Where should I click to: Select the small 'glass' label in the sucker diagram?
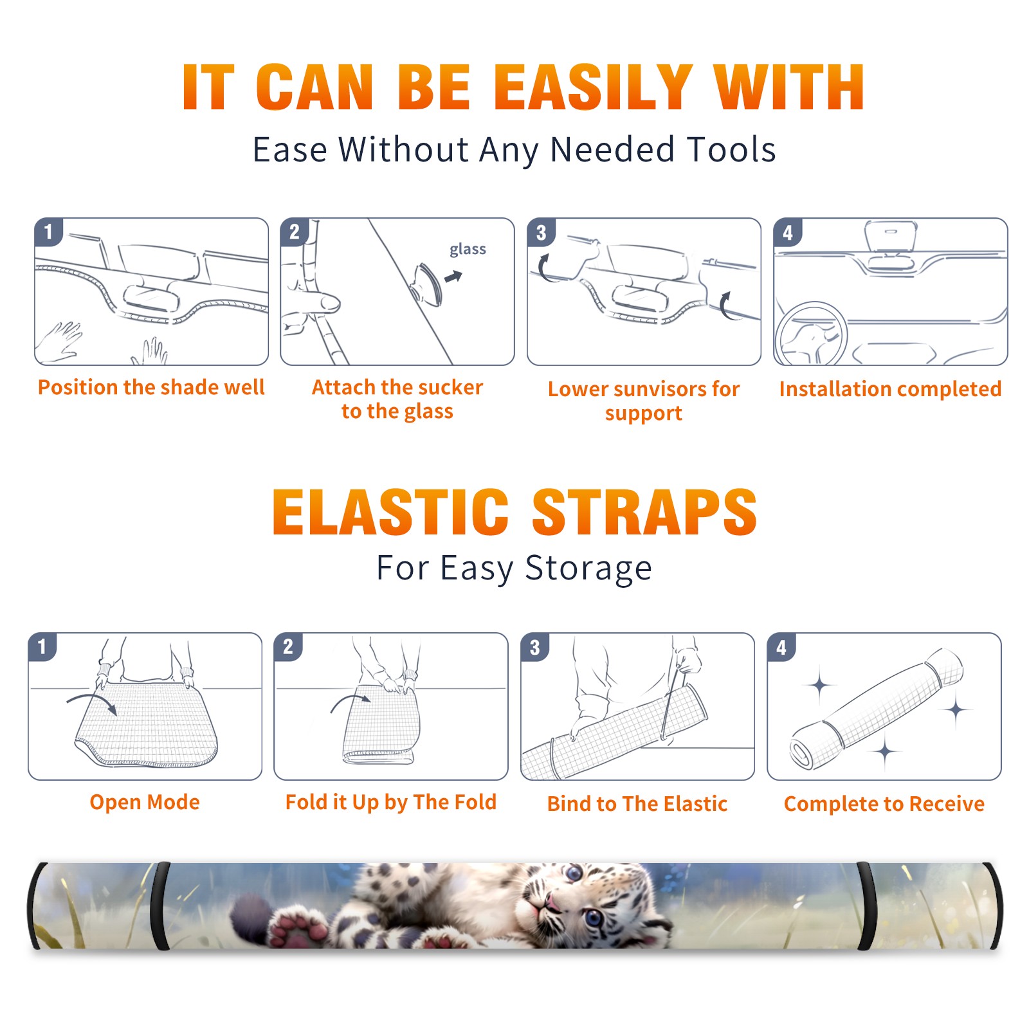468,250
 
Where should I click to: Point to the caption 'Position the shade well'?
151,387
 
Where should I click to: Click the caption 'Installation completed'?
890,388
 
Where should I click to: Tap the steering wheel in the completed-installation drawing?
811,334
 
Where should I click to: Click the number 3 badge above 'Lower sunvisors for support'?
541,232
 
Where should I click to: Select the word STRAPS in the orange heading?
644,512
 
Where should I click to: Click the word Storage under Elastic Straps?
588,569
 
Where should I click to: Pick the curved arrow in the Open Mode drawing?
92,703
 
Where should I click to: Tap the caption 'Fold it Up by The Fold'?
391,802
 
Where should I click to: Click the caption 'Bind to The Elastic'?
637,803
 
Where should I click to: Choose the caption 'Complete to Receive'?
884,803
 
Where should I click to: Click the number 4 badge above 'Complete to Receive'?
781,647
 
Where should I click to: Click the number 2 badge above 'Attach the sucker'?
294,232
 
